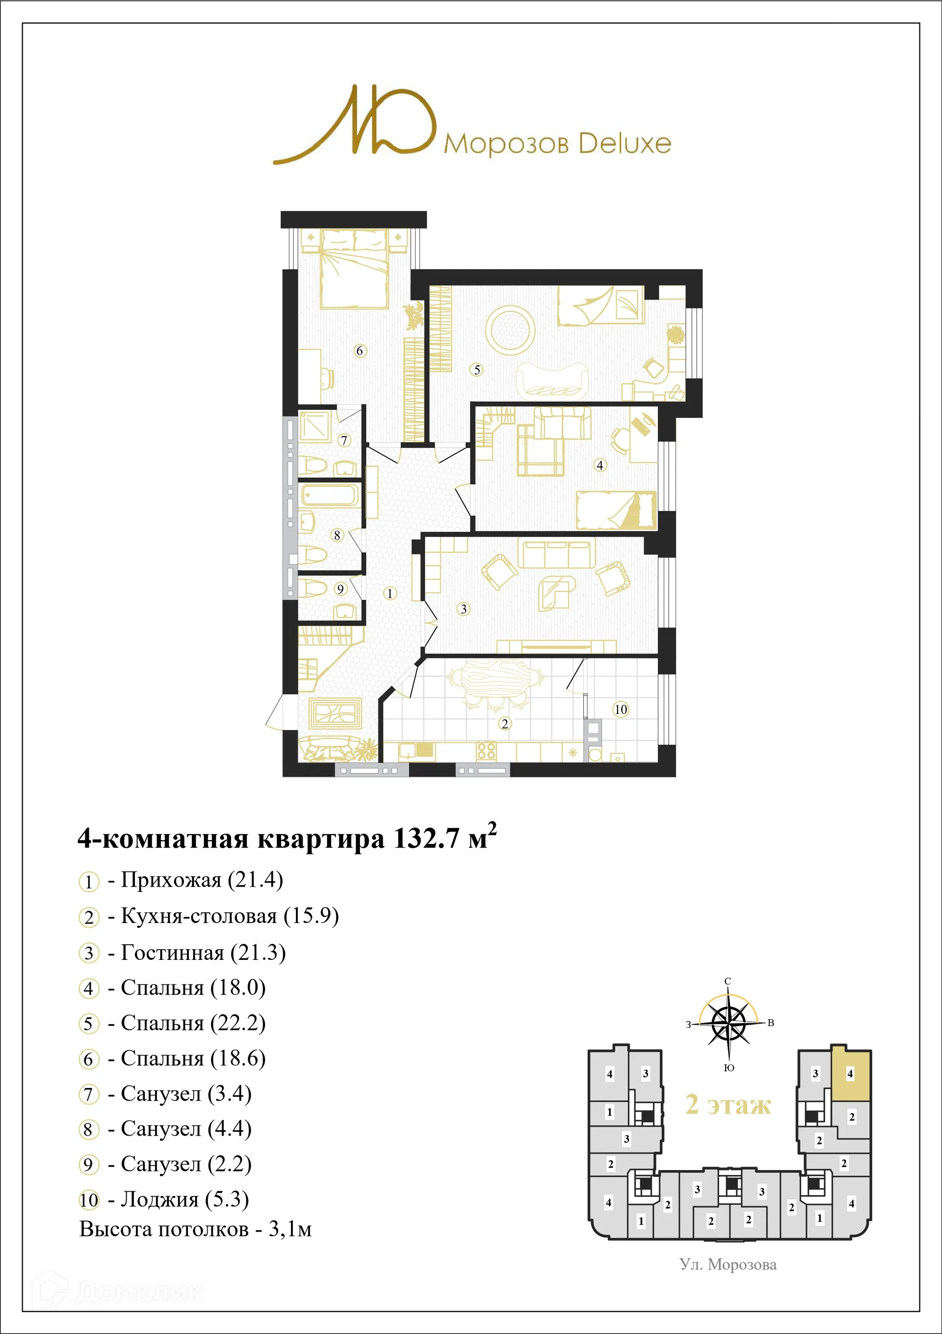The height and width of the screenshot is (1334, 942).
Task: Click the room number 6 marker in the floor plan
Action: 360,351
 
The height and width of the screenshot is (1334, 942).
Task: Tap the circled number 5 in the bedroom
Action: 477,370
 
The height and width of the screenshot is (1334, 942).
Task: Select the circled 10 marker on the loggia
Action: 621,709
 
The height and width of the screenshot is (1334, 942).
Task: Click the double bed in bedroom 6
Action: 354,269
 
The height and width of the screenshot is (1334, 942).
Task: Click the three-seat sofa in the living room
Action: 556,554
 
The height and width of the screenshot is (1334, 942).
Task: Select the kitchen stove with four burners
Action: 486,751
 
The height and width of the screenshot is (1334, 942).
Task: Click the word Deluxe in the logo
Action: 625,143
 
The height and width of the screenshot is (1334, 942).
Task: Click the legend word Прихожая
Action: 171,880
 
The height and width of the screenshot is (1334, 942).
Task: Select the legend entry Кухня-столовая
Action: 199,916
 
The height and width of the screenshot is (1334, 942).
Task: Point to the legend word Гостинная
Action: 172,953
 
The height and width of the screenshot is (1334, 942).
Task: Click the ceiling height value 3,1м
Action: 290,1229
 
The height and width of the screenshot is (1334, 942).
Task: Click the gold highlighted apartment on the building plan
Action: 851,1075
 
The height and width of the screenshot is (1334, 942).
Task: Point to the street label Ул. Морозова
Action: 728,1265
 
